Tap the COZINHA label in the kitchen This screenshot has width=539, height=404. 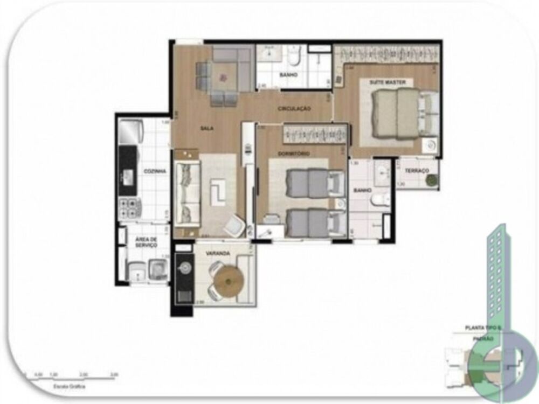(x=154, y=171)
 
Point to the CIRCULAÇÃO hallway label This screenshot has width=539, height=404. (x=294, y=109)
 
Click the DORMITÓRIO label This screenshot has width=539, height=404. (x=294, y=154)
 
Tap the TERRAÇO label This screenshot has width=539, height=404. (x=417, y=170)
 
